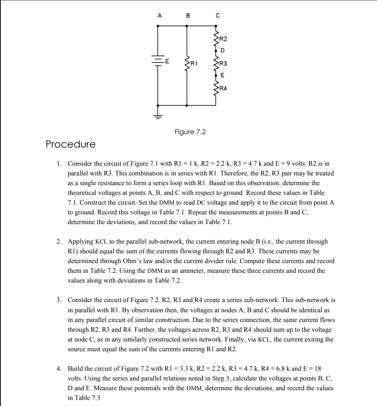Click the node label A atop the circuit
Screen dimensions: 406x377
160,15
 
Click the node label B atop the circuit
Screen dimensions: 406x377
188,15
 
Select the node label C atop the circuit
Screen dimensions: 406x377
217,15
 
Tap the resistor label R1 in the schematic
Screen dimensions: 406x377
194,62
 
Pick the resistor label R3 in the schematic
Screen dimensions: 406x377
224,63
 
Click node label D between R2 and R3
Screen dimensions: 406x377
223,50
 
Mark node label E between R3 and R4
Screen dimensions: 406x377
223,75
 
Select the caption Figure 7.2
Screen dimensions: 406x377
190,132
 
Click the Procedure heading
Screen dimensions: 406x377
70,144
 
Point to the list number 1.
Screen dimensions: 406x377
59,164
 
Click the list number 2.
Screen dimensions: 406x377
59,241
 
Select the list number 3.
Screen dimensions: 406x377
59,300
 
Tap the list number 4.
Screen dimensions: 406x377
59,368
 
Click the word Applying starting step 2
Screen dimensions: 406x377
81,241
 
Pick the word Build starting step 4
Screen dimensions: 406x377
76,368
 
